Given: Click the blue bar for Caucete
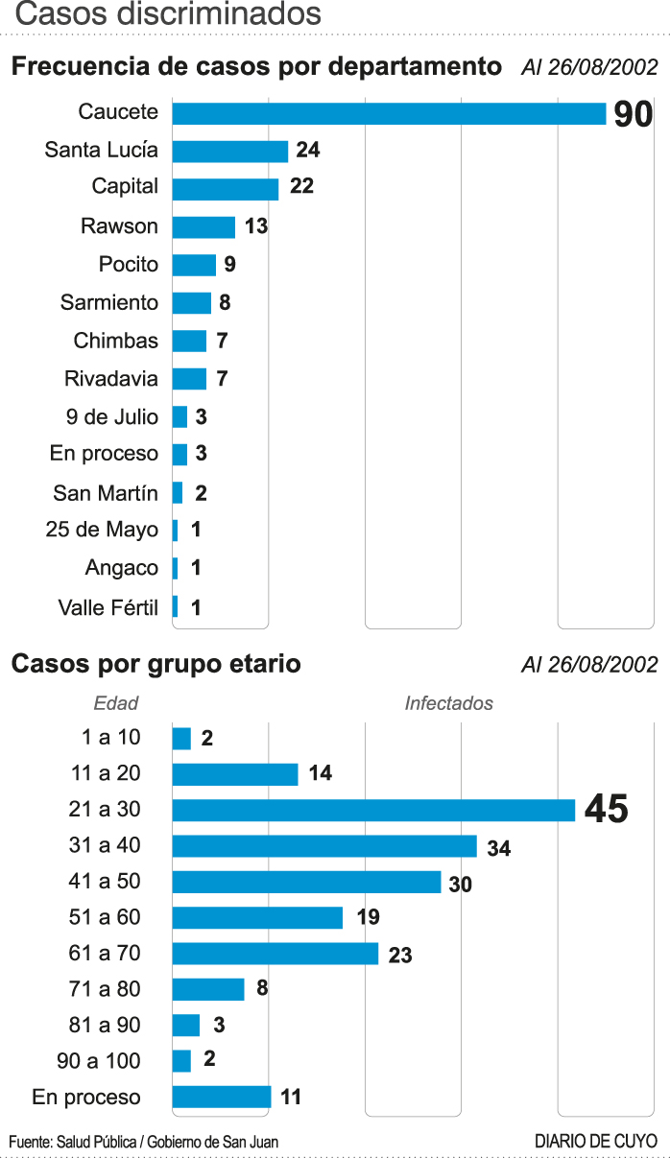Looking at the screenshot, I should [389, 113].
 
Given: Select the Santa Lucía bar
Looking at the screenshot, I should [230, 151].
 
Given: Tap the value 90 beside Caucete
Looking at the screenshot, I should [633, 115].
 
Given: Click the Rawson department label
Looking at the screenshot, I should [119, 226].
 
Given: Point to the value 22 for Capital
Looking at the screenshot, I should [301, 186].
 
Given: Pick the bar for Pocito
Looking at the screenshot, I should [194, 265].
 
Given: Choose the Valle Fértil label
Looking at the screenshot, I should [108, 607].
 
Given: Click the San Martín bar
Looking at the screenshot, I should [178, 493].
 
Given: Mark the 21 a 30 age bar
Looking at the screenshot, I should [373, 810].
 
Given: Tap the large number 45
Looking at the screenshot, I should [606, 810].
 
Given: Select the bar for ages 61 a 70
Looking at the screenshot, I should [275, 954].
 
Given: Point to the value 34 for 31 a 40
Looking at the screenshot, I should [499, 848].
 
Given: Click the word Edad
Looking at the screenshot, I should [116, 703].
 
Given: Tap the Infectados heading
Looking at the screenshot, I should [448, 703].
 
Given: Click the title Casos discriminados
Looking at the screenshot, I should [169, 14].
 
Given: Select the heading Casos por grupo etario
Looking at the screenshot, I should [156, 664].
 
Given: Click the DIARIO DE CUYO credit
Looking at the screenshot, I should [595, 1142].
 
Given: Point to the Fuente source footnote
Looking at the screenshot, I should [144, 1142].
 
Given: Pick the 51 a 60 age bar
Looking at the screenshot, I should [257, 917].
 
